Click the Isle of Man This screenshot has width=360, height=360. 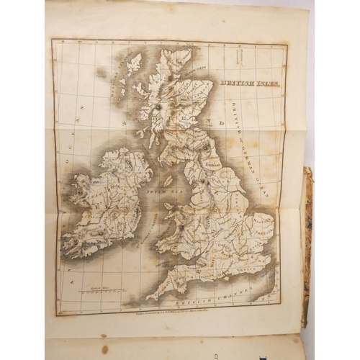point(168,181)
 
